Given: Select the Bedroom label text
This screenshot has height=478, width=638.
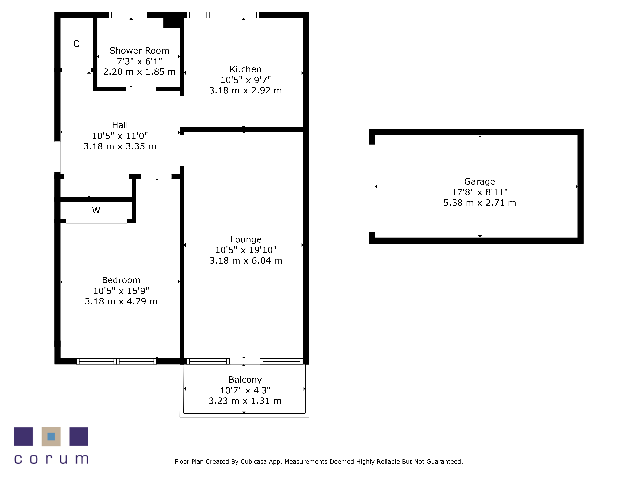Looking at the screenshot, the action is [x=121, y=280].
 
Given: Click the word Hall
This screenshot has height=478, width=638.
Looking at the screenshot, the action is [x=120, y=125].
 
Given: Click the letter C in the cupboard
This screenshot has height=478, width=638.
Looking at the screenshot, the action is [x=76, y=44].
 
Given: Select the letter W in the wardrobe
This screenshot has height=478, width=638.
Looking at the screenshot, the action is [x=96, y=210].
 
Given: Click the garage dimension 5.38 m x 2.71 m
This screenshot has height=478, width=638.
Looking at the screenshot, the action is [x=480, y=203].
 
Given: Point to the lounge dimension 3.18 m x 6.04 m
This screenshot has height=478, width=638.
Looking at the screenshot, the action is [x=246, y=261].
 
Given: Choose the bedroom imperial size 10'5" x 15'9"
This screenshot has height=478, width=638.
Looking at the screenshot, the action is [x=121, y=291].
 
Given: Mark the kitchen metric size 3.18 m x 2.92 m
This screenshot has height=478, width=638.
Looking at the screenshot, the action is [x=245, y=91].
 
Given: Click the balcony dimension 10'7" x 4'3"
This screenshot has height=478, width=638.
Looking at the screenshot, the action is [x=245, y=390].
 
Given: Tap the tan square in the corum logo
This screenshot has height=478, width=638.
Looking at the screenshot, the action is [x=51, y=437].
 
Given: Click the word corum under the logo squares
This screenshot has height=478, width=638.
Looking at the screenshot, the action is [x=51, y=459].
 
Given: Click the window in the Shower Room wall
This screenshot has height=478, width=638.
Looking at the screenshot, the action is [x=128, y=15].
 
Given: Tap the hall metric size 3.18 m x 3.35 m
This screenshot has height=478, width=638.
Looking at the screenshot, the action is [x=120, y=146].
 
